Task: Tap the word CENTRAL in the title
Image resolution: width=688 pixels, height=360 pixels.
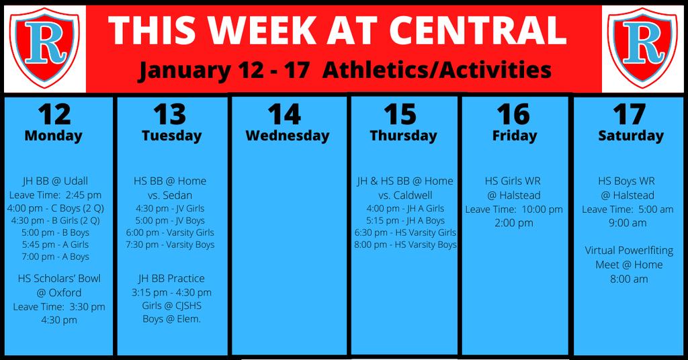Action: point(478,30)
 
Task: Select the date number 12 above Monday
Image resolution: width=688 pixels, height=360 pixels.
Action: point(54,114)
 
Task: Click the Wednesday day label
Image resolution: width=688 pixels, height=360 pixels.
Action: point(288,136)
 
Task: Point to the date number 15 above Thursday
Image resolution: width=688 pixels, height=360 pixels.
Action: point(400,114)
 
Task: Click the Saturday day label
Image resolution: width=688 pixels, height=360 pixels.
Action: point(631,136)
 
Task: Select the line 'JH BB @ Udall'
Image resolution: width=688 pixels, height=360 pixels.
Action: point(55,181)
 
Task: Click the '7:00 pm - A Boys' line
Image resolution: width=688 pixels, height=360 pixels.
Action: point(55,257)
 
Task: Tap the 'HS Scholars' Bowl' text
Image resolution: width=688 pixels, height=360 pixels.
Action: point(59,279)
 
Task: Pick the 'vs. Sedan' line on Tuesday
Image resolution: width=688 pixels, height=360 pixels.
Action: point(170,195)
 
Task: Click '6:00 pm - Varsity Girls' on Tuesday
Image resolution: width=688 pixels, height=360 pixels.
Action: point(170,232)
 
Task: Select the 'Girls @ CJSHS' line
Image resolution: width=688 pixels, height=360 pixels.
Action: point(171,306)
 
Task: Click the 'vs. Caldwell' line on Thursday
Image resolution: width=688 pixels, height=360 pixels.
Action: point(405,195)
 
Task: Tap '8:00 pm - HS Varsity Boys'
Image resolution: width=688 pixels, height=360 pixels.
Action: point(405,244)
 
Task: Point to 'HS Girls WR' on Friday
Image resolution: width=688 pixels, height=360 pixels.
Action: point(513,181)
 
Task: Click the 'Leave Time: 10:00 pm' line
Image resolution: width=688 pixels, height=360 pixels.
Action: point(514,210)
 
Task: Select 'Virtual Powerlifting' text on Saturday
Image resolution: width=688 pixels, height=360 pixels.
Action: point(629,251)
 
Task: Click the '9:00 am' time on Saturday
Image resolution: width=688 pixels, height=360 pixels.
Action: point(628,223)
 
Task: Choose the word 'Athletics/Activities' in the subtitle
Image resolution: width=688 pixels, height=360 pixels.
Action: point(437,70)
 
